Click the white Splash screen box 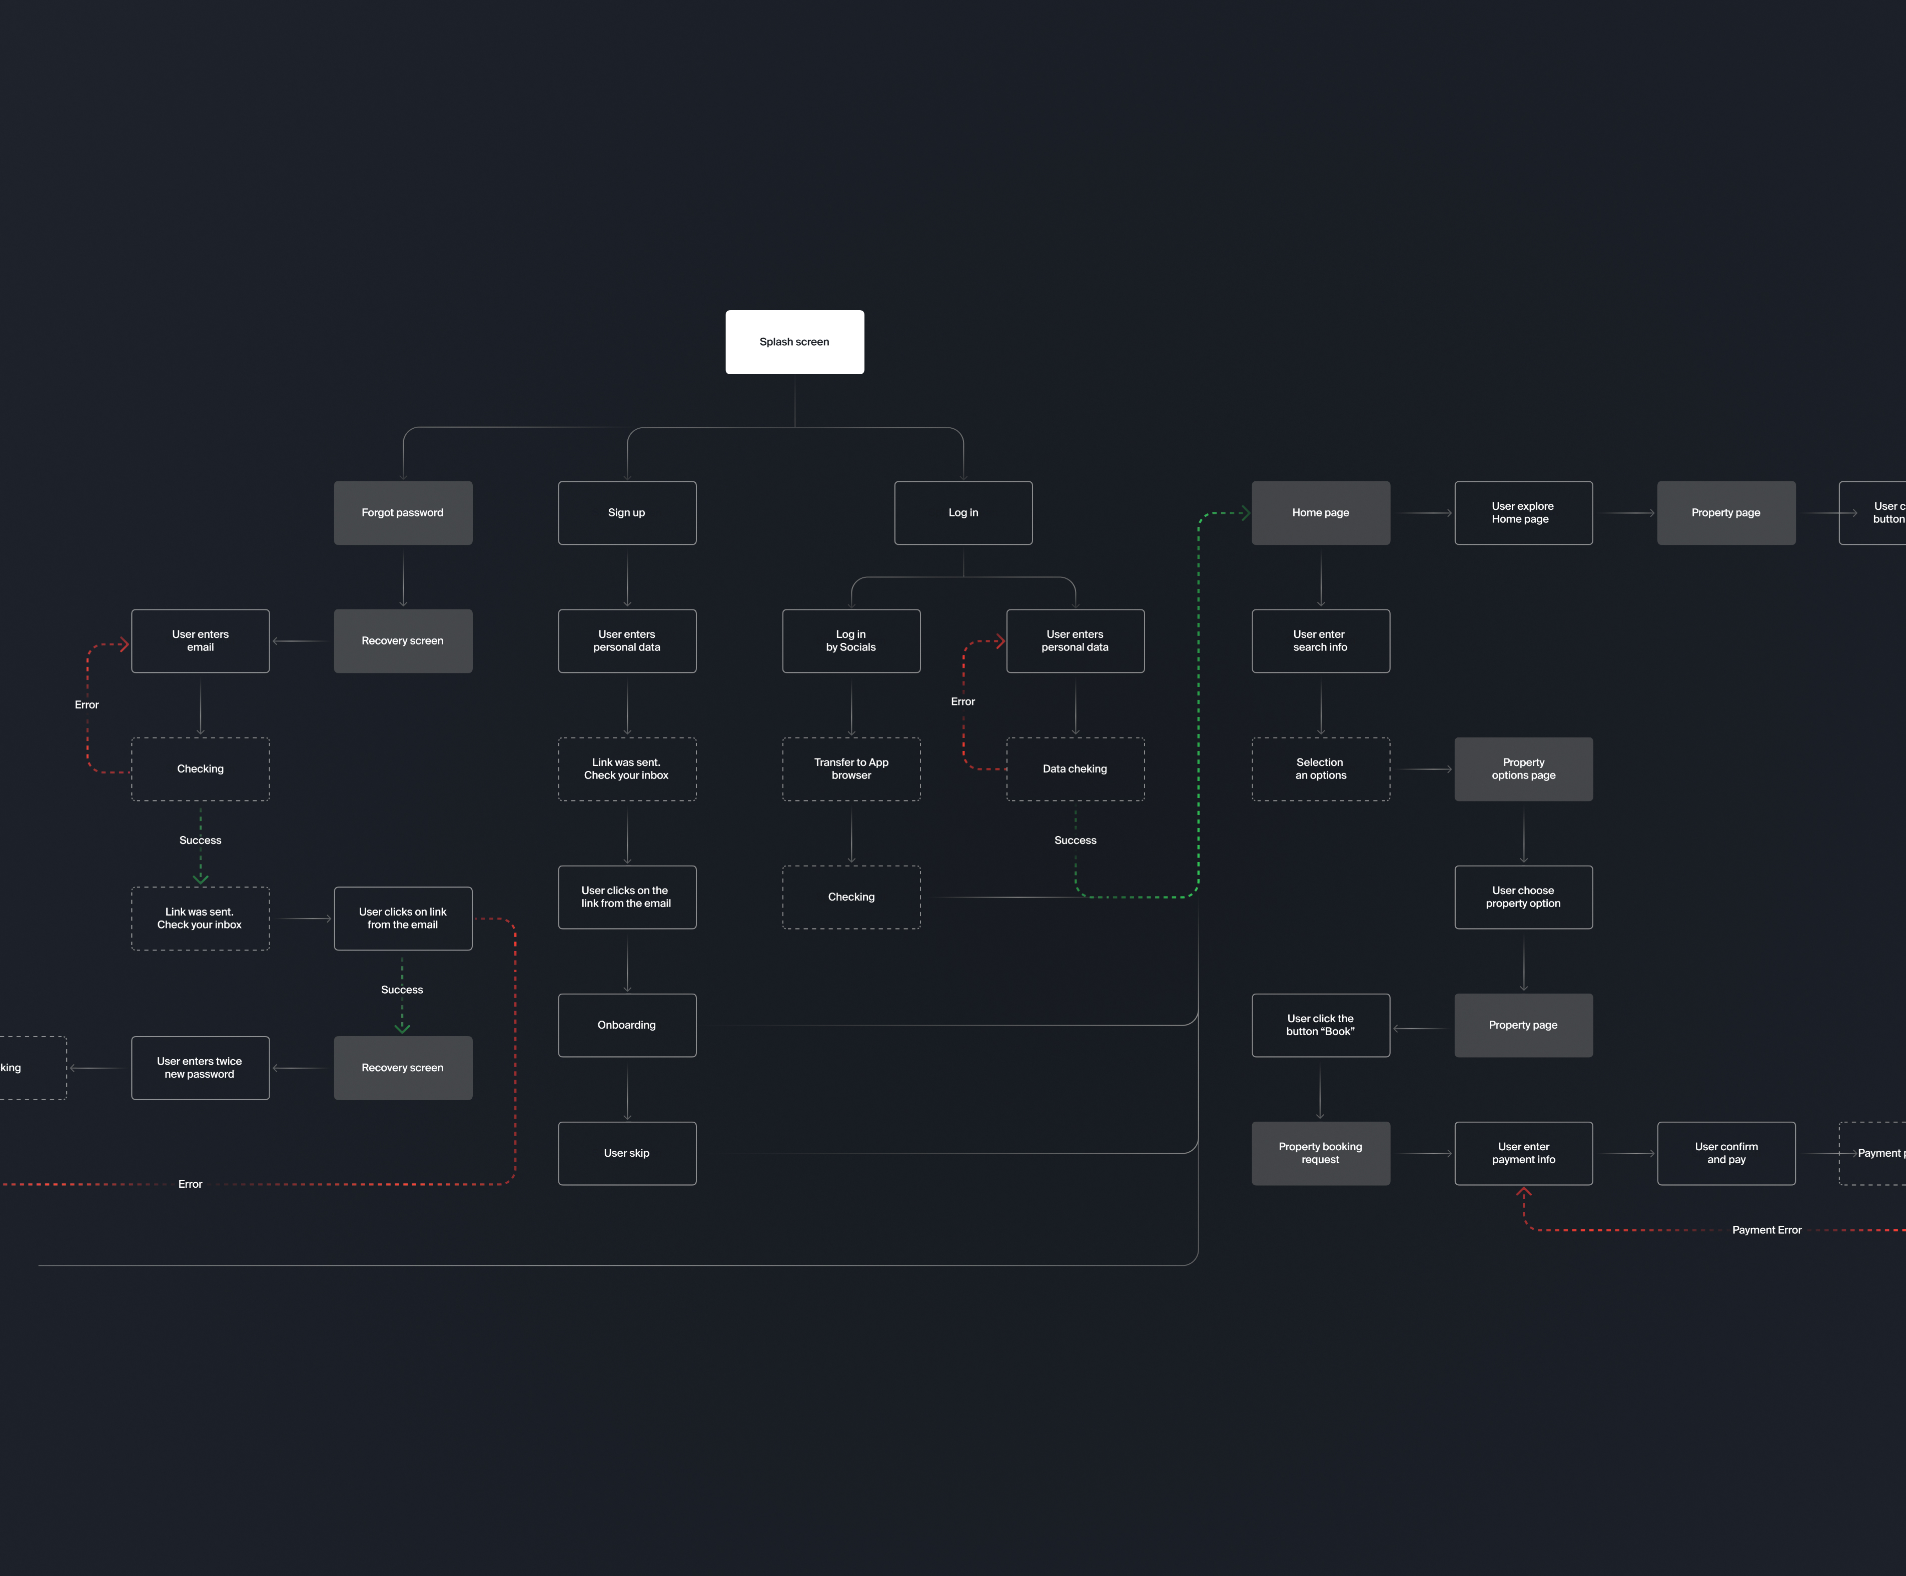pos(794,342)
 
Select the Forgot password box pos(403,513)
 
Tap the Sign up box pos(627,513)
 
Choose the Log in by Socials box pos(851,641)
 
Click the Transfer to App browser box pos(851,769)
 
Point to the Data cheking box pos(1076,769)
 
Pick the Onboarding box pos(627,1025)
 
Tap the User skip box pos(627,1153)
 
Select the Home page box pos(1321,513)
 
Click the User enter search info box pos(1321,641)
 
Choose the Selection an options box pos(1321,769)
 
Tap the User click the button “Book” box pos(1321,1025)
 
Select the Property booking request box pos(1321,1153)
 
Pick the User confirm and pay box pos(1726,1153)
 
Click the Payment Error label pos(1766,1230)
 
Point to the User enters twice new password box pos(201,1068)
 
